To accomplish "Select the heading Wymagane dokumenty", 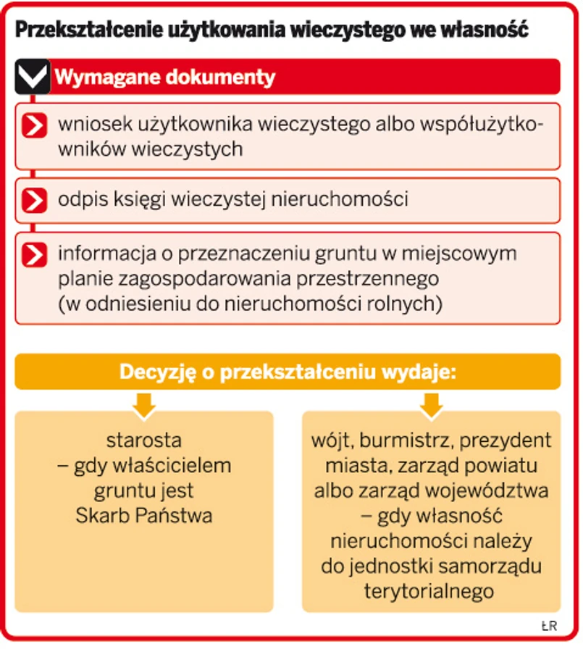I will tap(165, 78).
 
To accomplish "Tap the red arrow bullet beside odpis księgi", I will tap(34, 200).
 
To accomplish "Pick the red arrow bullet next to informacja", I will tap(34, 255).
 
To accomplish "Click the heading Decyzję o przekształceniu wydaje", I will tap(288, 372).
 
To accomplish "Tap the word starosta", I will tap(144, 440).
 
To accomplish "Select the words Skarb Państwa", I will tap(144, 516).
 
